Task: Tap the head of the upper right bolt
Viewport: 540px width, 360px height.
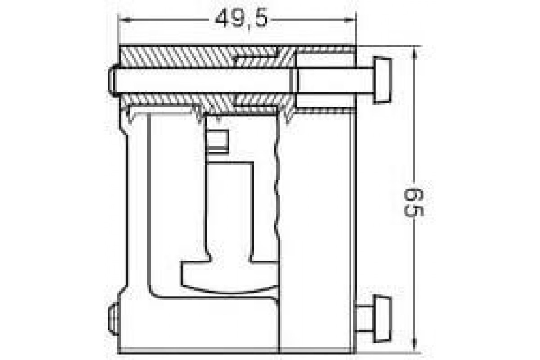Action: click(382, 81)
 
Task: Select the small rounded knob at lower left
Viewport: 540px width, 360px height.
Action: click(113, 319)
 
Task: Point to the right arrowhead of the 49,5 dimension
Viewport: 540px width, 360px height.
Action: click(351, 19)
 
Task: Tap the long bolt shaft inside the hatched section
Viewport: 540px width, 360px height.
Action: click(202, 81)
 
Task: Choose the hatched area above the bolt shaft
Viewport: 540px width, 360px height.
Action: click(180, 57)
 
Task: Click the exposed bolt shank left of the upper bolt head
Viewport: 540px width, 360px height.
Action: click(335, 81)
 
